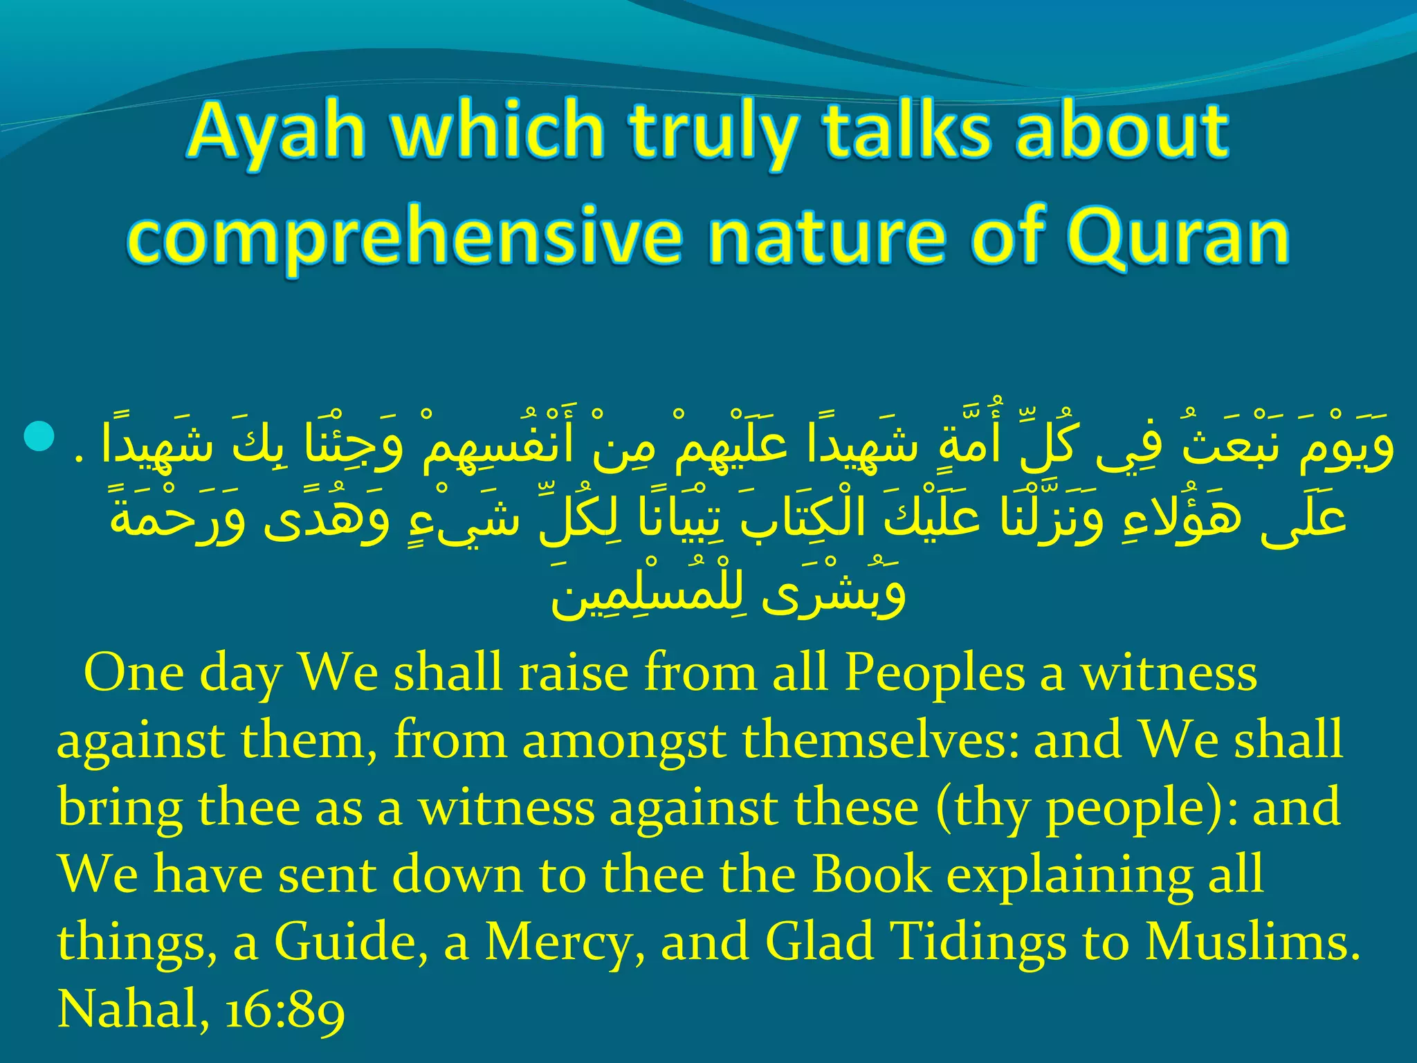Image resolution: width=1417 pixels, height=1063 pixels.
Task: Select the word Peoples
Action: tap(934, 674)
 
